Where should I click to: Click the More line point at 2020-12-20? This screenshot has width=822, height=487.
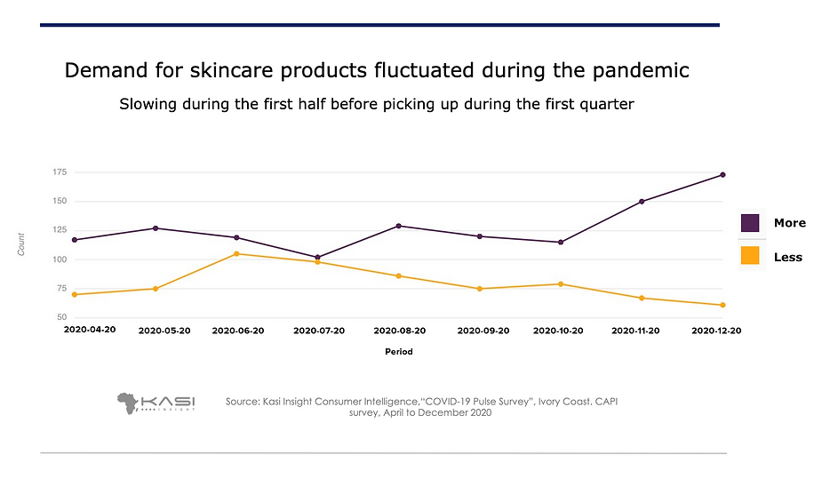click(722, 175)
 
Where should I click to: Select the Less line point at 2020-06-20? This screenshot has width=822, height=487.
click(236, 254)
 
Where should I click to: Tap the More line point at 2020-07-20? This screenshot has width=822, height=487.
click(317, 258)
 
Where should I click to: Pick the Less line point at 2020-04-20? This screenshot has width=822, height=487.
click(75, 294)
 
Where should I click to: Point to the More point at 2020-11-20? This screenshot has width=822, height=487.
click(641, 202)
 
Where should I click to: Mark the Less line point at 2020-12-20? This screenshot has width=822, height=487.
click(722, 305)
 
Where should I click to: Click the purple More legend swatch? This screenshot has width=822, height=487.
click(750, 222)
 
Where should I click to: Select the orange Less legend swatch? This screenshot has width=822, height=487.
click(750, 256)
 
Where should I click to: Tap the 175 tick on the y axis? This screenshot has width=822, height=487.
click(60, 172)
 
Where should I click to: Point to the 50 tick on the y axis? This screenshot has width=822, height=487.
click(62, 317)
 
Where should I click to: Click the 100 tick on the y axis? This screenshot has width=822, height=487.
click(60, 259)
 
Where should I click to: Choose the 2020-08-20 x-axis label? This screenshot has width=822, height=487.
click(399, 331)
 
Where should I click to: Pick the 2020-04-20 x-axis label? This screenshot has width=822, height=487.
click(90, 330)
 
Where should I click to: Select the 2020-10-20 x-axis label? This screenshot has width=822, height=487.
click(558, 331)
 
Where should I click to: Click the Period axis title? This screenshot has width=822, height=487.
click(398, 352)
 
